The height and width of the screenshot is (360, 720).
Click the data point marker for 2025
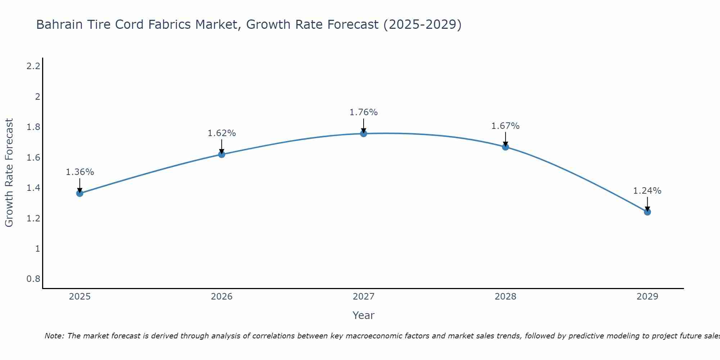pyautogui.click(x=80, y=193)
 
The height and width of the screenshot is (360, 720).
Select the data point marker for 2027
pyautogui.click(x=364, y=134)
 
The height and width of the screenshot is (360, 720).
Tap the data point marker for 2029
pyautogui.click(x=647, y=212)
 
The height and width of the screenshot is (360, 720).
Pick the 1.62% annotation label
pyautogui.click(x=222, y=133)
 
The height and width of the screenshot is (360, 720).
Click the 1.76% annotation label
pyautogui.click(x=364, y=112)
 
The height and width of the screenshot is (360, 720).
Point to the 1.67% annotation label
pyautogui.click(x=505, y=126)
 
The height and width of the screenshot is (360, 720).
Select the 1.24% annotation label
pyautogui.click(x=647, y=191)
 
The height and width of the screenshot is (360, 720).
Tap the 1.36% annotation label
pyautogui.click(x=80, y=172)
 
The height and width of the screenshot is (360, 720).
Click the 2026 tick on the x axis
pyautogui.click(x=222, y=297)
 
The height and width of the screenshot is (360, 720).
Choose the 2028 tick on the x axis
pyautogui.click(x=505, y=297)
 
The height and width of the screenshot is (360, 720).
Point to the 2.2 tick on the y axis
pyautogui.click(x=33, y=66)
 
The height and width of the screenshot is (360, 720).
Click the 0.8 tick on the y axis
pyautogui.click(x=33, y=279)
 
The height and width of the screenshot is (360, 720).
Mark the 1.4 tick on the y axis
pyautogui.click(x=33, y=188)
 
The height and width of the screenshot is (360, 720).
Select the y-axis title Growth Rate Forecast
pyautogui.click(x=9, y=173)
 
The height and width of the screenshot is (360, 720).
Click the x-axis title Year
pyautogui.click(x=364, y=315)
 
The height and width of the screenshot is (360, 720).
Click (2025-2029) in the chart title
pyautogui.click(x=422, y=24)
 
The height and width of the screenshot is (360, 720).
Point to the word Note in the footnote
pyautogui.click(x=54, y=336)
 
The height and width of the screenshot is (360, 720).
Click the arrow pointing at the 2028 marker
pyautogui.click(x=505, y=139)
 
